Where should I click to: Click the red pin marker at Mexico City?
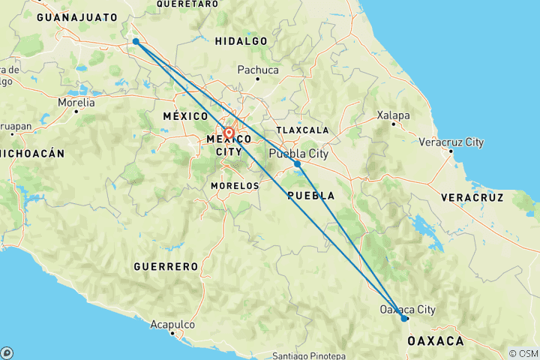click(229, 134)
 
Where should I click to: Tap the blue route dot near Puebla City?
click(298, 163)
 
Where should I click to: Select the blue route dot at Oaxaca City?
click(404, 318)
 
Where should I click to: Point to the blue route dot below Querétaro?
click(135, 41)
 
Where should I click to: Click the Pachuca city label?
click(257, 70)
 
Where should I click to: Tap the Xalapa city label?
click(394, 115)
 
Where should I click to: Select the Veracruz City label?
click(451, 142)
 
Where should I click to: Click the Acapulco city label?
click(172, 325)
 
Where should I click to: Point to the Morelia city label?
click(77, 101)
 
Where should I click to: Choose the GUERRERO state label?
click(166, 266)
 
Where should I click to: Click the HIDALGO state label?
click(241, 40)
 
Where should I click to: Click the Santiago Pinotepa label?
click(308, 355)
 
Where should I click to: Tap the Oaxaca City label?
click(407, 309)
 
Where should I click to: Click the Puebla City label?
click(298, 154)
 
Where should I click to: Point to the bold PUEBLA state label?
click(310, 195)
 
